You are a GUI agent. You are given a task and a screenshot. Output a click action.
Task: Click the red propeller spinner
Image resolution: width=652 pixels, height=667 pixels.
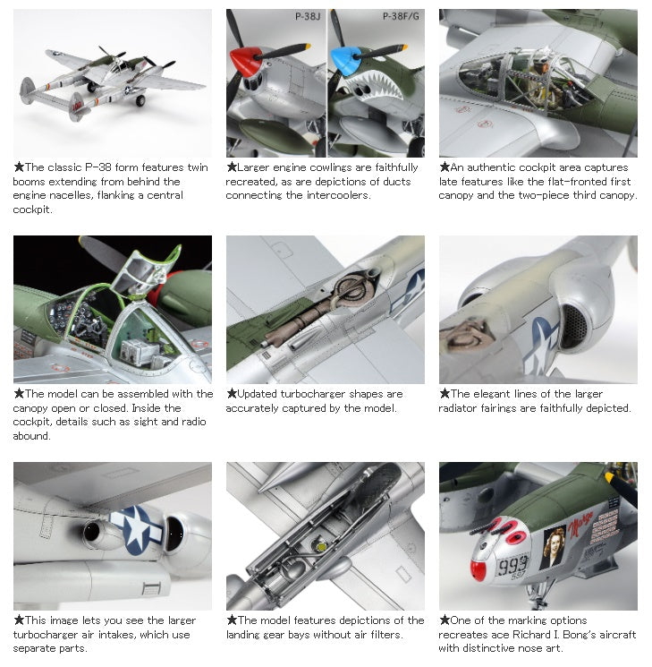click(x=246, y=61)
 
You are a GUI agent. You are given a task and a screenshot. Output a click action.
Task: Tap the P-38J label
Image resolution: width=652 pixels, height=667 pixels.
click(x=308, y=17)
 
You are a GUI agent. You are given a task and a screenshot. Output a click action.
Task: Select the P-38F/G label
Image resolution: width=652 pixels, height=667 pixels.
click(x=401, y=17)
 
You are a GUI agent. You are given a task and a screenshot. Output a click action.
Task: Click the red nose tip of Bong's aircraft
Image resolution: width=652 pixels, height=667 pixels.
click(x=478, y=570)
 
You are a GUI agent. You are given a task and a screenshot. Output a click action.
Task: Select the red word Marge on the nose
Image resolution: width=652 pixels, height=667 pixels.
click(x=580, y=522)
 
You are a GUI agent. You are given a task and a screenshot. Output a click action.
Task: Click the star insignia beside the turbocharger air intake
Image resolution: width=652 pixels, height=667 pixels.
click(x=136, y=530)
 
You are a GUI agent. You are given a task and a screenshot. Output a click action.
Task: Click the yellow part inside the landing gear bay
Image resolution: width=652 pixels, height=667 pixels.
click(x=322, y=547)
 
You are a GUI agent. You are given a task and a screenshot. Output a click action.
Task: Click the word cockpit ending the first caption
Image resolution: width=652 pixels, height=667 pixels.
click(x=33, y=210)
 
